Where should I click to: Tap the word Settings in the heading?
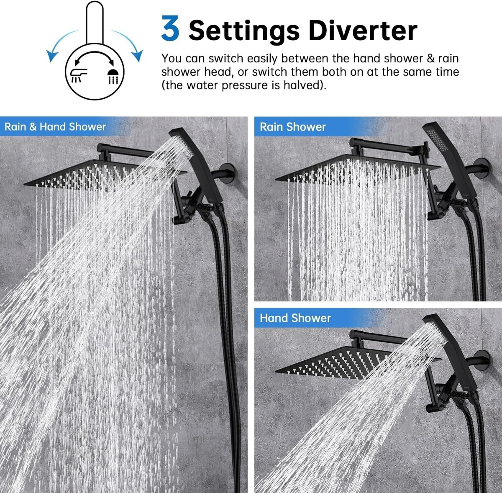[244, 32]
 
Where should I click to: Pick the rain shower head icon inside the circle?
[113, 76]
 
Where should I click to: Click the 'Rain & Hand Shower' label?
[55, 127]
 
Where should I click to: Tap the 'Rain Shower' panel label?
[292, 127]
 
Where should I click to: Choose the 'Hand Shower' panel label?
[295, 318]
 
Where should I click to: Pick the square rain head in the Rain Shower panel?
[357, 168]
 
